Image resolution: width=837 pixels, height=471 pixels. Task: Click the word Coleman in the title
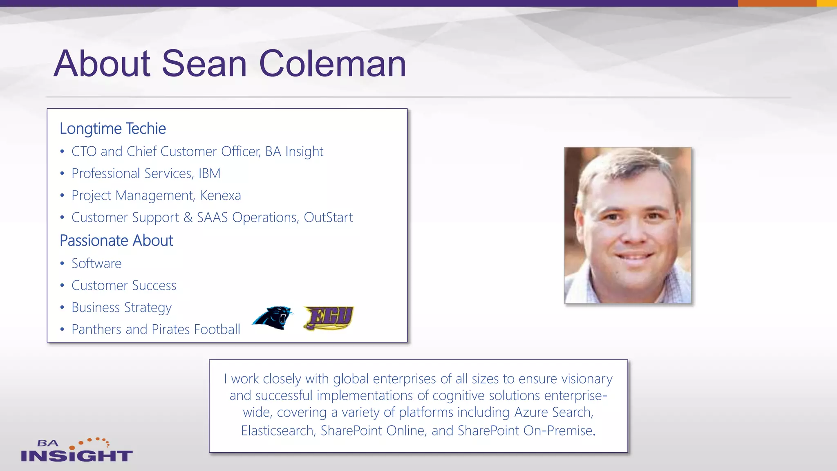pyautogui.click(x=332, y=64)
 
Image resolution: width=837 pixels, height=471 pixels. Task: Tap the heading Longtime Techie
pyautogui.click(x=113, y=129)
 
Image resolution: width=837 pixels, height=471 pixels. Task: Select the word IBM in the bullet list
pyautogui.click(x=209, y=174)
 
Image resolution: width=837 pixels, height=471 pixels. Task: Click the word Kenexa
pyautogui.click(x=221, y=196)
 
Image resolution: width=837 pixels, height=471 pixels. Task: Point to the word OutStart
pyautogui.click(x=328, y=218)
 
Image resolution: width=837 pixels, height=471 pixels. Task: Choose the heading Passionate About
pyautogui.click(x=116, y=241)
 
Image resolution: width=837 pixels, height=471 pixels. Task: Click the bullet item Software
pyautogui.click(x=96, y=264)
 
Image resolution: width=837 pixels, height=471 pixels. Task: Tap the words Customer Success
pyautogui.click(x=124, y=286)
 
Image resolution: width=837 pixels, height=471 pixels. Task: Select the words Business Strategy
pyautogui.click(x=121, y=308)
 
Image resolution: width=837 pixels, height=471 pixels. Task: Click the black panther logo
pyautogui.click(x=273, y=318)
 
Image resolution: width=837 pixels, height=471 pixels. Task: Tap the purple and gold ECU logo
pyautogui.click(x=329, y=318)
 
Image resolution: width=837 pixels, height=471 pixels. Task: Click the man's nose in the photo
pyautogui.click(x=634, y=233)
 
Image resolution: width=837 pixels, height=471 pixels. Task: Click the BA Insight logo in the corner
pyautogui.click(x=76, y=450)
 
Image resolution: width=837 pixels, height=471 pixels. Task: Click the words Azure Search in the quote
pyautogui.click(x=553, y=413)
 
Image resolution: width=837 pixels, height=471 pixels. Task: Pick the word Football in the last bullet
pyautogui.click(x=217, y=330)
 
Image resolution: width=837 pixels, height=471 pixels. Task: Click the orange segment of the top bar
pyautogui.click(x=777, y=3)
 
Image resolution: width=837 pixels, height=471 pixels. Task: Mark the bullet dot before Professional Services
pyautogui.click(x=62, y=174)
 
